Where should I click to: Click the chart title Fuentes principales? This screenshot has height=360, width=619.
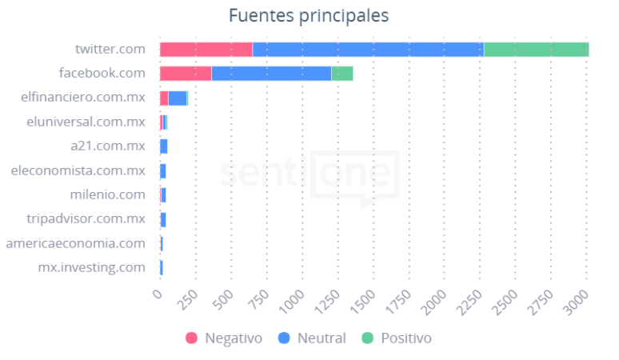pyautogui.click(x=308, y=16)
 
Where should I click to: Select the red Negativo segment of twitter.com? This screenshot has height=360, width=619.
pyautogui.click(x=206, y=50)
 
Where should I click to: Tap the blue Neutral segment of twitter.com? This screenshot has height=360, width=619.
pyautogui.click(x=368, y=50)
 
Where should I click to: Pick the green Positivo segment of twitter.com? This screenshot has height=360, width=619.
pyautogui.click(x=536, y=50)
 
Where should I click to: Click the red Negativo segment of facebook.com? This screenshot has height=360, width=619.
pyautogui.click(x=186, y=74)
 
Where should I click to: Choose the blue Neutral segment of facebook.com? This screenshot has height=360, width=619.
pyautogui.click(x=271, y=74)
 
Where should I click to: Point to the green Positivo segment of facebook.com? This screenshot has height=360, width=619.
pyautogui.click(x=341, y=74)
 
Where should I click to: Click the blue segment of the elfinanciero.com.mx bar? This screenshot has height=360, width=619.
pyautogui.click(x=177, y=98)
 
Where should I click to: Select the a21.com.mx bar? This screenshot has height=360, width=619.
pyautogui.click(x=163, y=146)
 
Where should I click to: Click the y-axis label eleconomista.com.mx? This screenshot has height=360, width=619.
pyautogui.click(x=78, y=170)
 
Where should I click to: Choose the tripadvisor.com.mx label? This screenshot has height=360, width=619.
pyautogui.click(x=86, y=218)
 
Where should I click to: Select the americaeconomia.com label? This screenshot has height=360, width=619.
pyautogui.click(x=75, y=243)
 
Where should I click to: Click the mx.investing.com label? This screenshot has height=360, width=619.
pyautogui.click(x=92, y=267)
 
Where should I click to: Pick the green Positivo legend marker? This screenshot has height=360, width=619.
pyautogui.click(x=368, y=338)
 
